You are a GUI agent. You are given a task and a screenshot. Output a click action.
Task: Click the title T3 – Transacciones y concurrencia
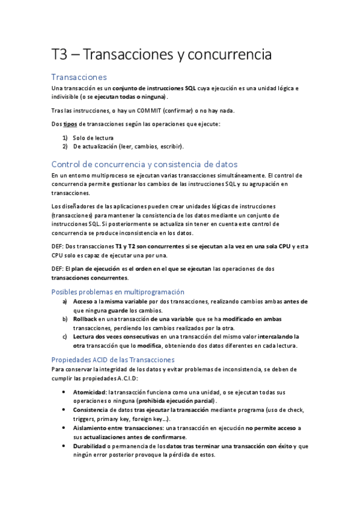162,55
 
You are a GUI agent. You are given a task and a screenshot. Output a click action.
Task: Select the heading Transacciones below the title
79,77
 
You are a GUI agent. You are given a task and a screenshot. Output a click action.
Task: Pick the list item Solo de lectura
93,138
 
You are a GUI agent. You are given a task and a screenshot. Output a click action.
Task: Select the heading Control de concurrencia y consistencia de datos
145,164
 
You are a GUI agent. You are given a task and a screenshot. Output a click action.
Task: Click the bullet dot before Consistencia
65,410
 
